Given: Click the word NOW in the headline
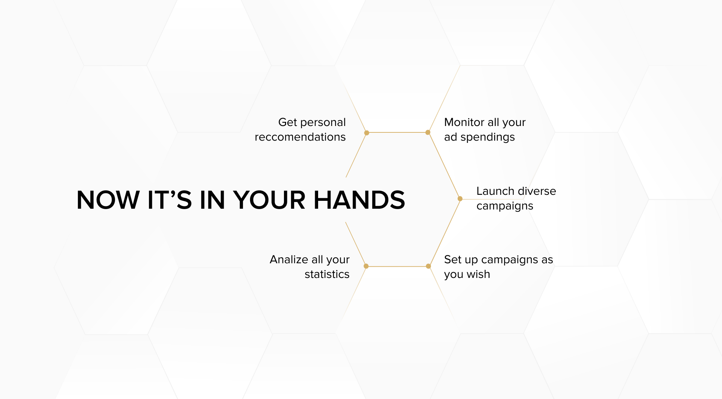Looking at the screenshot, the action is pyautogui.click(x=108, y=200).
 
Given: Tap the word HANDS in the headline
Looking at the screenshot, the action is pyautogui.click(x=359, y=200).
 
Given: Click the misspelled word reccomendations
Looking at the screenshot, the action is pyautogui.click(x=300, y=137).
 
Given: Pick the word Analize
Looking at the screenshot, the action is pyautogui.click(x=289, y=259).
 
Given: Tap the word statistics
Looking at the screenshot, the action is pyautogui.click(x=327, y=274).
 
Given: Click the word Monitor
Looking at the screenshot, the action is pyautogui.click(x=464, y=122).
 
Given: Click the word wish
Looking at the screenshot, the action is pyautogui.click(x=478, y=274).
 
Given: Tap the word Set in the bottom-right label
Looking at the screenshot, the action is pyautogui.click(x=452, y=259).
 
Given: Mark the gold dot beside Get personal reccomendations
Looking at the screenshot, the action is pyautogui.click(x=367, y=133).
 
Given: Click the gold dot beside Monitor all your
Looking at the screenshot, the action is pyautogui.click(x=428, y=132).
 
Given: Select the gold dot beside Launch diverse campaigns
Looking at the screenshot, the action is pyautogui.click(x=460, y=199).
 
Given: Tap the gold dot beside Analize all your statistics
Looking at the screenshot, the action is pyautogui.click(x=366, y=266).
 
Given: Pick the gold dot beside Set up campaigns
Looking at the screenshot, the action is pyautogui.click(x=428, y=266).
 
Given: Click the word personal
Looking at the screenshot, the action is pyautogui.click(x=323, y=123).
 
